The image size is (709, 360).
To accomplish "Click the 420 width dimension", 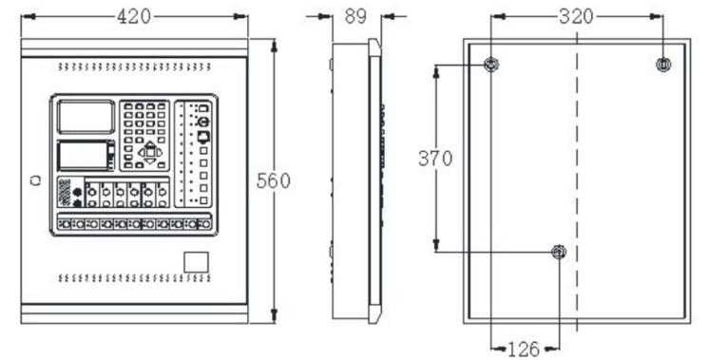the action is pyautogui.click(x=134, y=17).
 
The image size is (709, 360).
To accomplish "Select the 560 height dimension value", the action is pyautogui.click(x=273, y=180).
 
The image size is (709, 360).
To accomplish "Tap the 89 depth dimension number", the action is pyautogui.click(x=355, y=16).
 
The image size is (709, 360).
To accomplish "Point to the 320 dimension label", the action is pyautogui.click(x=576, y=17).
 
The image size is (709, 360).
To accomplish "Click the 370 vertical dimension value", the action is pyautogui.click(x=435, y=159).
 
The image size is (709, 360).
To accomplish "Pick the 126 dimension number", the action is pyautogui.click(x=524, y=349).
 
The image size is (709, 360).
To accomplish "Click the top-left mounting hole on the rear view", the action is pyautogui.click(x=491, y=65).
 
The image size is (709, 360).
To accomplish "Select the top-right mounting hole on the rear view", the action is pyautogui.click(x=663, y=65).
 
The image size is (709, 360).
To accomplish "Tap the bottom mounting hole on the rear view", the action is pyautogui.click(x=559, y=252).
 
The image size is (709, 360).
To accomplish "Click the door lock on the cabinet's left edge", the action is pyautogui.click(x=36, y=180).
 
